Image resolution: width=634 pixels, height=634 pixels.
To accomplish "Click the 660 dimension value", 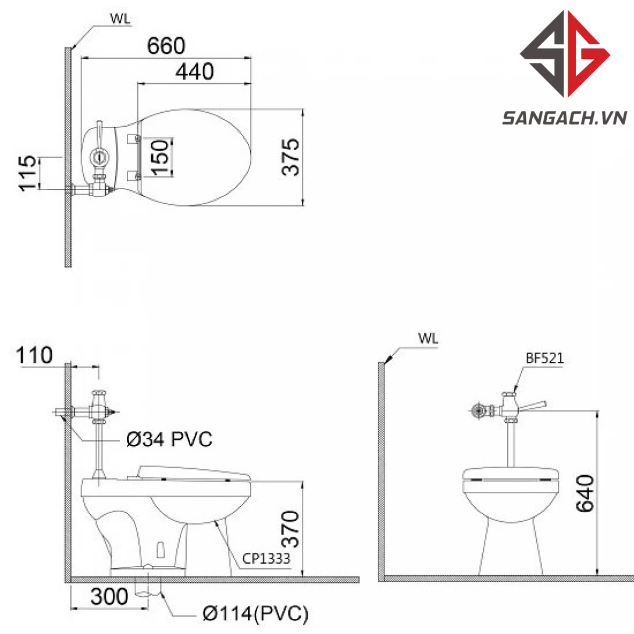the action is pyautogui.click(x=166, y=46).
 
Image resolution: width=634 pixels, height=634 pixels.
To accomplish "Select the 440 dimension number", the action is pyautogui.click(x=194, y=72).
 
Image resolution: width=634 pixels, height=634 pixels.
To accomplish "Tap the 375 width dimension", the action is pyautogui.click(x=290, y=157).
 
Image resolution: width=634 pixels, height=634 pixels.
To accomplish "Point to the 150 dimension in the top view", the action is pyautogui.click(x=160, y=157).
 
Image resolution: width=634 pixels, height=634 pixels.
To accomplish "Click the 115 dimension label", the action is pyautogui.click(x=27, y=173).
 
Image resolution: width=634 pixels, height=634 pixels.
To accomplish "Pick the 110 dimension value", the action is pyautogui.click(x=34, y=355).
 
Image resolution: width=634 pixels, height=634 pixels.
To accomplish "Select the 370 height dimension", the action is pyautogui.click(x=290, y=529).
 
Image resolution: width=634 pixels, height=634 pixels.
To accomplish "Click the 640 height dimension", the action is pyautogui.click(x=585, y=493).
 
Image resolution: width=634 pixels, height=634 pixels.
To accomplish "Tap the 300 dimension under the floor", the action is pyautogui.click(x=109, y=596).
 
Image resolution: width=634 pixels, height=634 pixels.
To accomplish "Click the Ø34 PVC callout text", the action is pyautogui.click(x=169, y=439).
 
